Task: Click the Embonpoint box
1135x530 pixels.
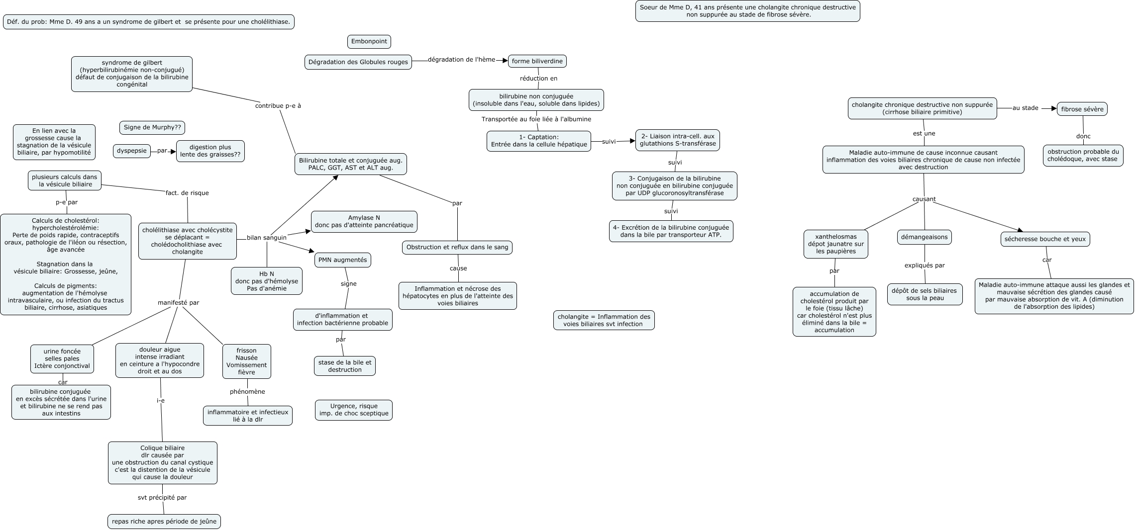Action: (x=369, y=41)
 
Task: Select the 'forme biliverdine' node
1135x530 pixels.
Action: (x=537, y=61)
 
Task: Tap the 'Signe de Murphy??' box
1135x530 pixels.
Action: (x=152, y=128)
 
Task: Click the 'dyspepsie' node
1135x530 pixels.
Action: (x=132, y=151)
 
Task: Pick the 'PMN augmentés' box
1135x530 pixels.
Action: (x=342, y=260)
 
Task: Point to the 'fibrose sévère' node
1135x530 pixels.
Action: (x=1082, y=109)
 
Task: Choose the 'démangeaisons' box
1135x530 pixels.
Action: (x=924, y=237)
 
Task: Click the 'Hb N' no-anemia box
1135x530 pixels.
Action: (x=267, y=281)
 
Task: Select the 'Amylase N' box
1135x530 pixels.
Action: (x=364, y=221)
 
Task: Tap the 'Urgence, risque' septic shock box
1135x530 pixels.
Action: (x=354, y=410)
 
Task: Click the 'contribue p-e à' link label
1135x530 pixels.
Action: (x=278, y=106)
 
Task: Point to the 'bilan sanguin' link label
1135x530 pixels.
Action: (x=267, y=238)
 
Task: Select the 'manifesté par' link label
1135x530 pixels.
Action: (x=178, y=302)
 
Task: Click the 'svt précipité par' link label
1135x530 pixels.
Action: (x=162, y=497)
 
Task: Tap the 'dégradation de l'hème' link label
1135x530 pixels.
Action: (x=461, y=60)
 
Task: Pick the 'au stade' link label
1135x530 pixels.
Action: (x=1025, y=108)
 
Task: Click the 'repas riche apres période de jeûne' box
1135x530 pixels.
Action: (x=164, y=522)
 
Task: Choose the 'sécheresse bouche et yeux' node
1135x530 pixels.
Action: (x=1045, y=239)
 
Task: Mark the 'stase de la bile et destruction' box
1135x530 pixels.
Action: (x=345, y=366)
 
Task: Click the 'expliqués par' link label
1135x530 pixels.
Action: (x=925, y=265)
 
